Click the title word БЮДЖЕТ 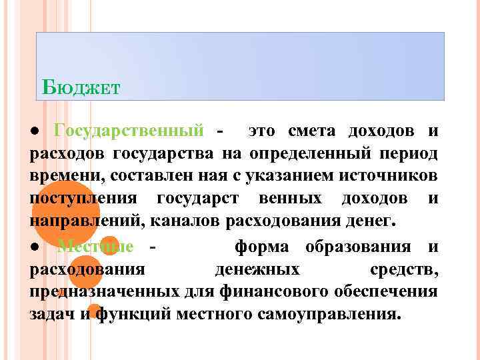[80, 87]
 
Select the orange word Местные [95, 247]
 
